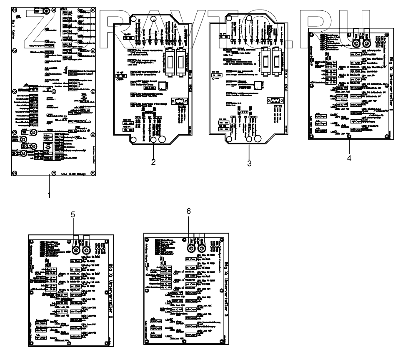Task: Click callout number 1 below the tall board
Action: coord(49,195)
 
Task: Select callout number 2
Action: coord(153,162)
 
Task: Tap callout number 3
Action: coord(249,164)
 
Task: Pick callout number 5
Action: coord(73,215)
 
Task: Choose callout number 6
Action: coord(188,211)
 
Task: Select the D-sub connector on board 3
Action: coord(274,100)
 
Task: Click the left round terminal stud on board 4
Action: coord(357,43)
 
